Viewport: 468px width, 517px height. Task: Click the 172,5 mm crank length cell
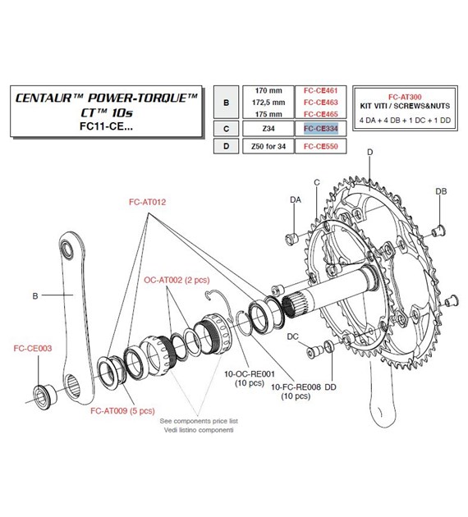[x=269, y=103]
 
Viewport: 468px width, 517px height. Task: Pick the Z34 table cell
[x=269, y=129]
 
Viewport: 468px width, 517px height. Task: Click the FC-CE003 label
[x=32, y=348]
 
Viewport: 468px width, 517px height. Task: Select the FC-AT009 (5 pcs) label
[x=122, y=409]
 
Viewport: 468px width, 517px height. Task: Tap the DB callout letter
[x=441, y=191]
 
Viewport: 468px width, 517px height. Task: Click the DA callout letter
[x=295, y=199]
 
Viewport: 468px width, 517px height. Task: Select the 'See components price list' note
[x=197, y=419]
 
